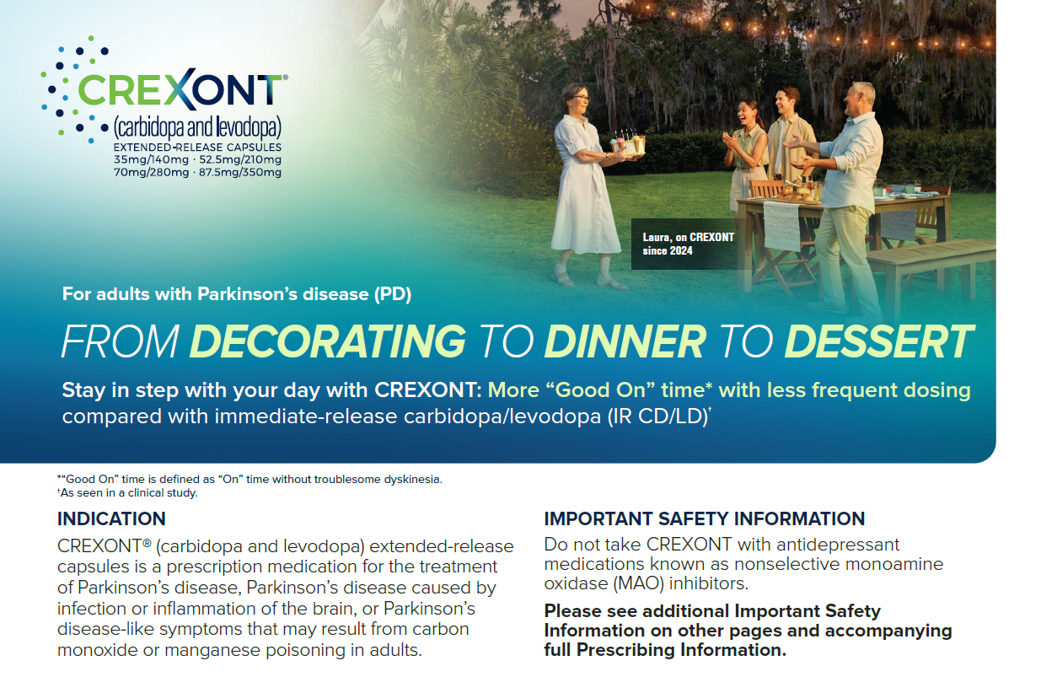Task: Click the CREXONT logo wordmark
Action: [180, 90]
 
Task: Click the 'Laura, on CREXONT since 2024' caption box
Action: [687, 244]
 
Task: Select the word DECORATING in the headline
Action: [328, 341]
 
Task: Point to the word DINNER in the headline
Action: [625, 341]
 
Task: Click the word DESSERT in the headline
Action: [878, 341]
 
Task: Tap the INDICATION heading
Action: [111, 518]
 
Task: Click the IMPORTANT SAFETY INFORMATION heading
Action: [705, 518]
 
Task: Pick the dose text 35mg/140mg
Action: [151, 160]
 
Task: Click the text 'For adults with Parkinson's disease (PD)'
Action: [237, 294]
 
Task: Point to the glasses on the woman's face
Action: [581, 98]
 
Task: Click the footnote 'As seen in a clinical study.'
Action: [128, 492]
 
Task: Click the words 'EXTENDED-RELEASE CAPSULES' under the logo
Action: [197, 148]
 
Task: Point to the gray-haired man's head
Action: [861, 98]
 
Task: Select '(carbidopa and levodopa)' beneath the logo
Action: [197, 127]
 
